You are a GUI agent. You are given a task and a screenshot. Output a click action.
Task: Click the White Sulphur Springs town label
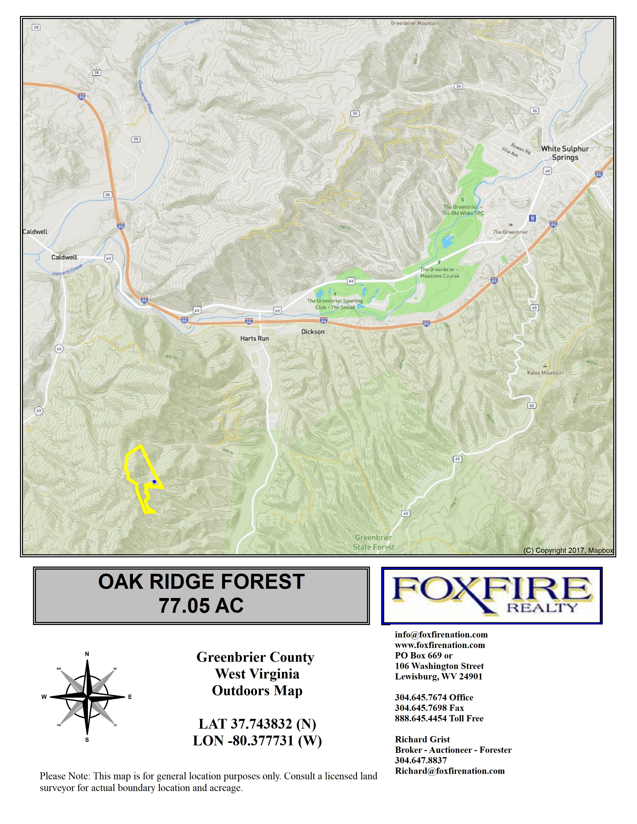click(565, 153)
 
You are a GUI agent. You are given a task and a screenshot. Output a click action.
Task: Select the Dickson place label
click(313, 332)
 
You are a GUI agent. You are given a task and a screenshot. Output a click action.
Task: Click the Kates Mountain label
click(545, 373)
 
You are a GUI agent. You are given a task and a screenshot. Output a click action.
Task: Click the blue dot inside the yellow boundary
click(154, 482)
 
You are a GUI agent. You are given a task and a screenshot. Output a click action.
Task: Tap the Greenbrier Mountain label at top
click(414, 23)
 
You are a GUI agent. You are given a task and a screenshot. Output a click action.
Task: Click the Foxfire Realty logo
click(492, 595)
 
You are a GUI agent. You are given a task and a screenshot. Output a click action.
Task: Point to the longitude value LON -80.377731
click(257, 741)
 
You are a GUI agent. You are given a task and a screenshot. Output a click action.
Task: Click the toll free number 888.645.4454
click(439, 718)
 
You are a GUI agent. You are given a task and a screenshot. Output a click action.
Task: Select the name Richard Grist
click(422, 739)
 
